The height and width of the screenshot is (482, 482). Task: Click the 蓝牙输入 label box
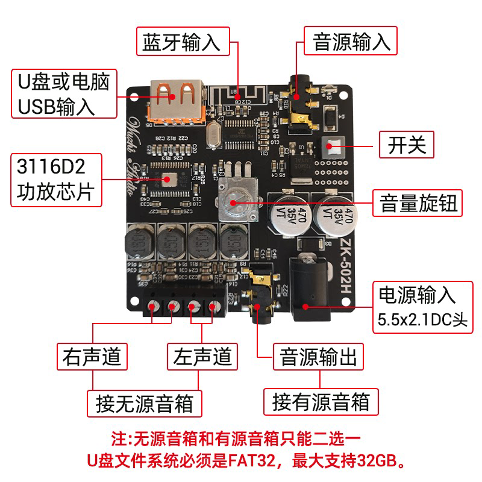click(183, 43)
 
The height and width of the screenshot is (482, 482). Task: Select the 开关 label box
click(407, 145)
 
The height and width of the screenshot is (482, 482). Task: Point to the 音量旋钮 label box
click(419, 204)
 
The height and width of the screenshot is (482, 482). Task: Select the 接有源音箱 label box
click(321, 402)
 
